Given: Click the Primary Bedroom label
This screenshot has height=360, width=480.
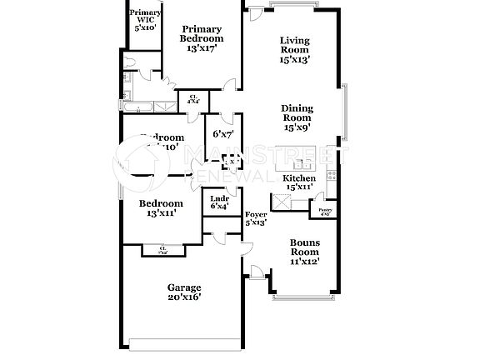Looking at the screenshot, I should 202,38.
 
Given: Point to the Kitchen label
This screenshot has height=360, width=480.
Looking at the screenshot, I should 299,183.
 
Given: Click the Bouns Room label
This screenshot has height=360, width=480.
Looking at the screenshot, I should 304,252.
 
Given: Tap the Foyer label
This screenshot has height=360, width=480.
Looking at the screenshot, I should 255,219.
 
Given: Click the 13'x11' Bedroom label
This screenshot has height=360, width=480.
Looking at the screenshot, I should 161,208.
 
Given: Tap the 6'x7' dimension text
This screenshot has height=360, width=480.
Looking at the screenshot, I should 222,133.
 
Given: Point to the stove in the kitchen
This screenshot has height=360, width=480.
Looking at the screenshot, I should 331,175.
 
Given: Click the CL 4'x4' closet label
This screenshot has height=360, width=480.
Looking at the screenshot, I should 192,99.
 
